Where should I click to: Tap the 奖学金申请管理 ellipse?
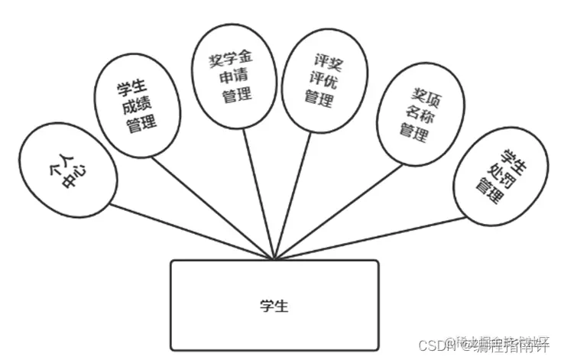(x=230, y=76)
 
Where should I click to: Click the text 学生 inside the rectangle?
(x=274, y=306)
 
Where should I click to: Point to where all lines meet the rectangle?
(x=274, y=260)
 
